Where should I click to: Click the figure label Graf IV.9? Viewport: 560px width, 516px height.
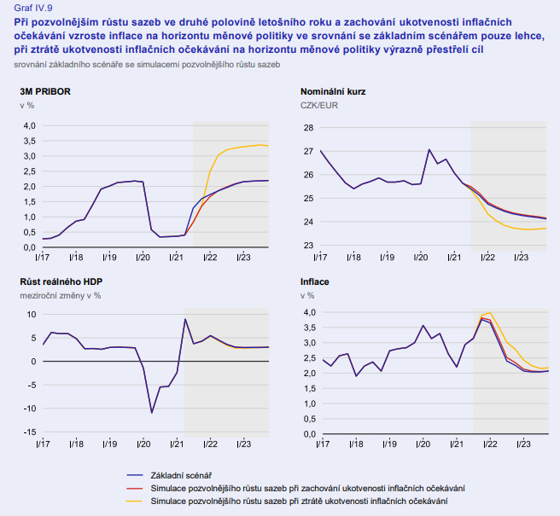(x=34, y=7)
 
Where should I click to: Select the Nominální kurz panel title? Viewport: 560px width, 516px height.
(x=333, y=90)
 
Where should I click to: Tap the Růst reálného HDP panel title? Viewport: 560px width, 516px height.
(x=59, y=281)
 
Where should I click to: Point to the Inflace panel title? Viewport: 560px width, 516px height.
(x=315, y=281)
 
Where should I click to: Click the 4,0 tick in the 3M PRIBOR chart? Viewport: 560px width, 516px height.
(x=28, y=125)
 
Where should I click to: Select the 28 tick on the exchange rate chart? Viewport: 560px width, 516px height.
(x=309, y=128)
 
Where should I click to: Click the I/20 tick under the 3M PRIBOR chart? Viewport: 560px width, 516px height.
(x=142, y=256)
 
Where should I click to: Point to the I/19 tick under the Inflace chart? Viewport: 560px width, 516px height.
(x=387, y=444)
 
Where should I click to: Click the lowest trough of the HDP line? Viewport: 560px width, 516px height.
(x=152, y=413)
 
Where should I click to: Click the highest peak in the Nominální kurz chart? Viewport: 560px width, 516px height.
(x=429, y=150)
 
